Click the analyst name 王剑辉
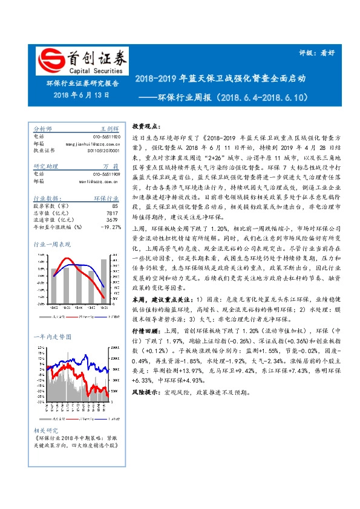point(109,129)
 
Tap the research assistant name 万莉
point(110,166)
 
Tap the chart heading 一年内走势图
point(51,336)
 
